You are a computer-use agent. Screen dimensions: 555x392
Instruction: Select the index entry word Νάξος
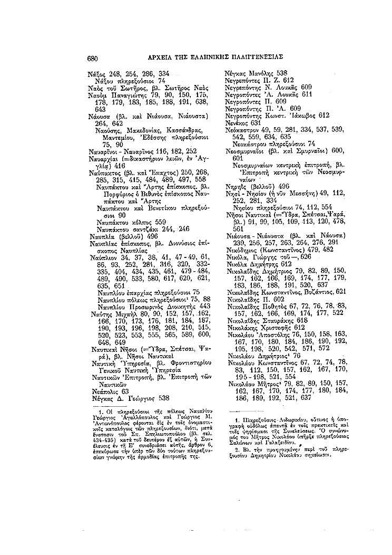point(97,74)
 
